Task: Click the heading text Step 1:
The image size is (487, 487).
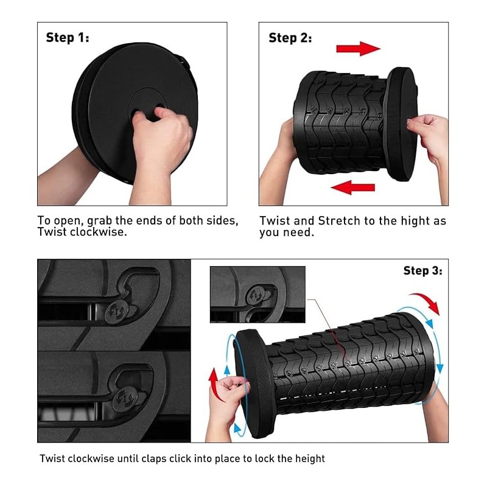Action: click(68, 38)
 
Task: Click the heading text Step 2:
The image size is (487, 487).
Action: click(290, 38)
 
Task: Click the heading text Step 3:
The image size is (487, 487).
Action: click(422, 270)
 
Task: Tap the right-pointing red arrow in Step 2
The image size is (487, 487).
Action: click(359, 49)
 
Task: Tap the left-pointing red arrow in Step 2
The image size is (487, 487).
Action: click(353, 187)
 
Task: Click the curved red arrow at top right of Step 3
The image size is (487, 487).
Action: click(426, 303)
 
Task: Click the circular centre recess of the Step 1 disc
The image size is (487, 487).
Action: click(147, 105)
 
